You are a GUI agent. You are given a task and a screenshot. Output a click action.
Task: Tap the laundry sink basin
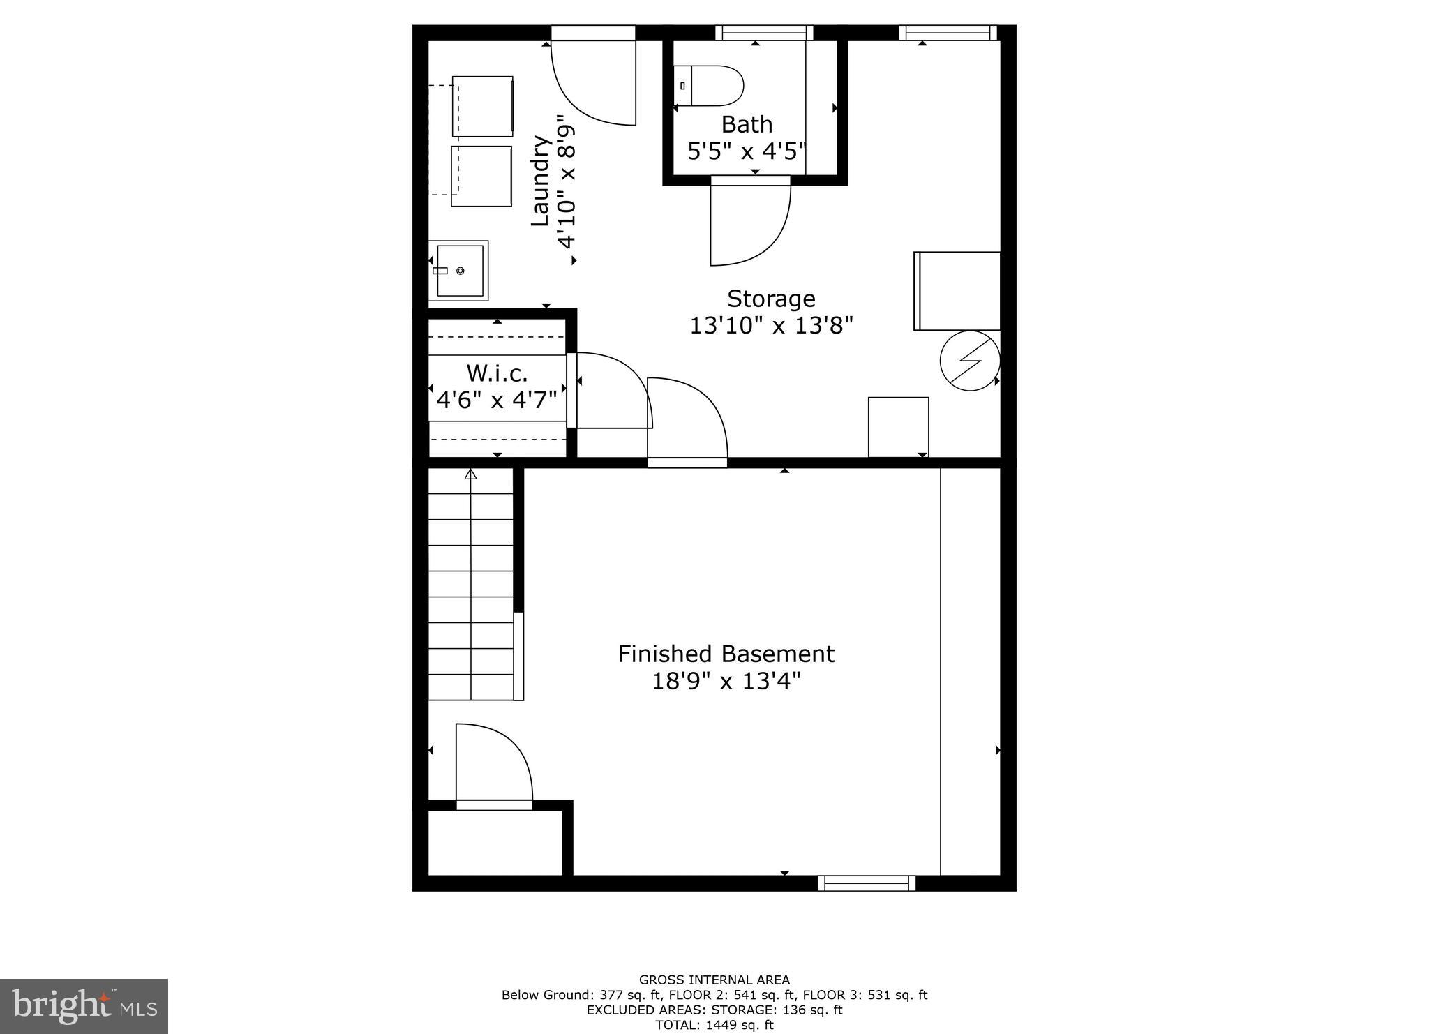pos(460,271)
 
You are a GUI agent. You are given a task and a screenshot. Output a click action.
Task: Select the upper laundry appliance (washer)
pos(483,106)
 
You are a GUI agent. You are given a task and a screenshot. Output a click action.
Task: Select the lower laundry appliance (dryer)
pos(481,176)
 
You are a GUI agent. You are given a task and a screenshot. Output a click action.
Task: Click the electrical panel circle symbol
pos(970,361)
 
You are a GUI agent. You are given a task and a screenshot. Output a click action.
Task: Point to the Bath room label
pos(747,124)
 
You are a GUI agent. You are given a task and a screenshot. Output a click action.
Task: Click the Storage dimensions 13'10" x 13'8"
pos(772,326)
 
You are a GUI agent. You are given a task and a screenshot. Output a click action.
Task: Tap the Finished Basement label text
pos(726,654)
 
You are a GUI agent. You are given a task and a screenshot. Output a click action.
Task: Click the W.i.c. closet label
pos(497,373)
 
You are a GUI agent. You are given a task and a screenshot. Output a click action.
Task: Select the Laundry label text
pos(541,181)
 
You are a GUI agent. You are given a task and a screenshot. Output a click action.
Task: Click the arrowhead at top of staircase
pos(471,474)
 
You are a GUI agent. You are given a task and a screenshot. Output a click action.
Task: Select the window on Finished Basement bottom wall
pos(867,883)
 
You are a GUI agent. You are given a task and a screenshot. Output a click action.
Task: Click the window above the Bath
pos(764,32)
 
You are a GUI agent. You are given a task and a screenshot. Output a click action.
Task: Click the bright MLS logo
pos(84,1006)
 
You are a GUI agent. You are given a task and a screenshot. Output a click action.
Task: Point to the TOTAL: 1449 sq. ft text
pos(714,1025)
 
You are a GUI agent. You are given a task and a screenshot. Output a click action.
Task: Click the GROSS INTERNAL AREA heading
pos(714,980)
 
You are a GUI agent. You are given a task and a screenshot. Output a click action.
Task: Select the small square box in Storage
pos(898,426)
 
